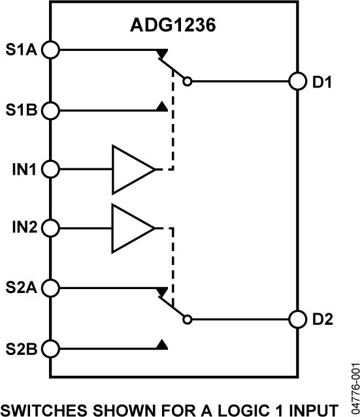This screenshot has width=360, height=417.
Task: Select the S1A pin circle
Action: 50,50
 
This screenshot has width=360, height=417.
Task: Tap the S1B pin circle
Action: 50,110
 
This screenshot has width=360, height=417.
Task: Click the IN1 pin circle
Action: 50,170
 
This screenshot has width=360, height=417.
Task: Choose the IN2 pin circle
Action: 50,228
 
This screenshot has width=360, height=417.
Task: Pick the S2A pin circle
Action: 50,287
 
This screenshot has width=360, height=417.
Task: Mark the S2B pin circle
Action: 50,347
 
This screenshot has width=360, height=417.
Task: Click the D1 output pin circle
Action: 298,82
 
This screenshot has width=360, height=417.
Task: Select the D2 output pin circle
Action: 298,320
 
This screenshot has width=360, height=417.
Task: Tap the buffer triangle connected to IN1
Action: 131,170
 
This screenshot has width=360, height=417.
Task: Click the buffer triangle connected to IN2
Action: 131,228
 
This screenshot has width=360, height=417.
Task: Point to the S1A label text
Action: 21,50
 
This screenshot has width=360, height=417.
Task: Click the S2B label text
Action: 21,347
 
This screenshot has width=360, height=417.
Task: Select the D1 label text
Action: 323,83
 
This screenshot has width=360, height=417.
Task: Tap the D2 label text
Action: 323,320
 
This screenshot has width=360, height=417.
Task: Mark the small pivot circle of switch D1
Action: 188,82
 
